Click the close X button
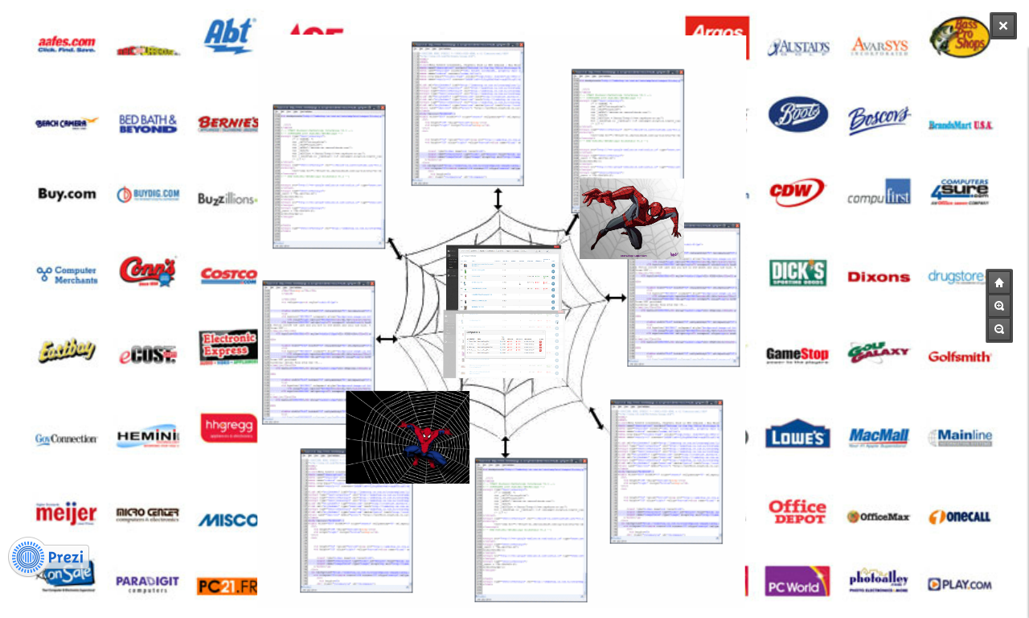pyautogui.click(x=1002, y=26)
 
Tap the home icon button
pyautogui.click(x=999, y=282)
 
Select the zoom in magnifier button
pyautogui.click(x=999, y=306)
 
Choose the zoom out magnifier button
pyautogui.click(x=999, y=329)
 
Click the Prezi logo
pyautogui.click(x=48, y=557)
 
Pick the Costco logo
pyautogui.click(x=228, y=275)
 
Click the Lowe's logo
pyautogui.click(x=797, y=434)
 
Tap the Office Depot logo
pyautogui.click(x=797, y=512)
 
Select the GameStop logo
pyautogui.click(x=797, y=355)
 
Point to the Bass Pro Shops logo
pyautogui.click(x=960, y=37)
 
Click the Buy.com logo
pyautogui.click(x=67, y=194)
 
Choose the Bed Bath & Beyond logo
pyautogui.click(x=148, y=124)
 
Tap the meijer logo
pyautogui.click(x=66, y=513)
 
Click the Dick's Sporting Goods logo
pyautogui.click(x=797, y=273)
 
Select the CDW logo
pyautogui.click(x=797, y=192)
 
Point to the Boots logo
pyautogui.click(x=797, y=114)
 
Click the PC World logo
pyautogui.click(x=797, y=582)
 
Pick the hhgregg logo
pyautogui.click(x=228, y=428)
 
